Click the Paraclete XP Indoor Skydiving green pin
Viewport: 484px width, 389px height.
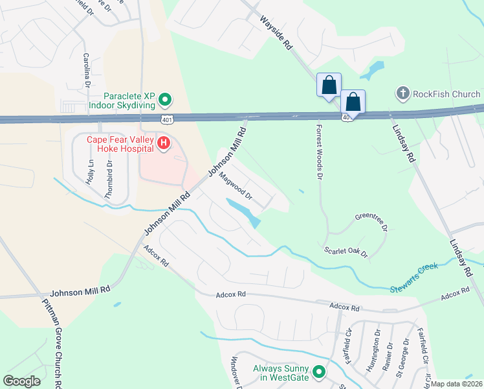165,100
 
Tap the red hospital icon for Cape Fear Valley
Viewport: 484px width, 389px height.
164,143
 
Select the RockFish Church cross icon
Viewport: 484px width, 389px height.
403,94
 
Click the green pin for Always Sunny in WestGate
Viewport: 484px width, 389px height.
318,372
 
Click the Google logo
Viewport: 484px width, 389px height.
22,381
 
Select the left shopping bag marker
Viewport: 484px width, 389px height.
329,85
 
